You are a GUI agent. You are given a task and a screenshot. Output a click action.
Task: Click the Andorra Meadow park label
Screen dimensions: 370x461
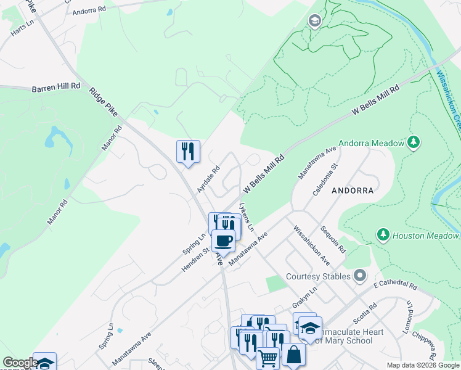click(370, 143)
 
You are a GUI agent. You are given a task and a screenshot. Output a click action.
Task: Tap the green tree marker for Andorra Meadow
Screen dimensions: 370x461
click(414, 143)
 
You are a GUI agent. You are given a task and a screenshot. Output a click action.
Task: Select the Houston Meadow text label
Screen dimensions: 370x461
click(426, 236)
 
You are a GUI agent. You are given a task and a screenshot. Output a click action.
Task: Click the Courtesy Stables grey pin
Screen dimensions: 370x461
click(360, 276)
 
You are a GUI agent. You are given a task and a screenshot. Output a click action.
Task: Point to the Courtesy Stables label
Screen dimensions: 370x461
click(319, 276)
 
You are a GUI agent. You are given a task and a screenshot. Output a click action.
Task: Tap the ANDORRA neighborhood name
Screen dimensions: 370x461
click(353, 191)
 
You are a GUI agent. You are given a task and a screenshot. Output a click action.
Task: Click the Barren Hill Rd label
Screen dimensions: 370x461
click(56, 89)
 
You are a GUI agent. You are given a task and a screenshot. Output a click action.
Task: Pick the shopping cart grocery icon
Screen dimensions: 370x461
click(268, 358)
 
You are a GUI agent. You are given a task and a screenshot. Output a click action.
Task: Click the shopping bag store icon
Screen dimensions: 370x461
click(294, 355)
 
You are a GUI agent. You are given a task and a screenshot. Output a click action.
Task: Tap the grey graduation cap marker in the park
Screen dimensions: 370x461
click(315, 22)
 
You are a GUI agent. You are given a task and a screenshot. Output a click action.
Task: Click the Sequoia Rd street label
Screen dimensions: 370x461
click(333, 239)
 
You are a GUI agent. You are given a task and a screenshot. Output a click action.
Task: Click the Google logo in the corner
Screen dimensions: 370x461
click(20, 363)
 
